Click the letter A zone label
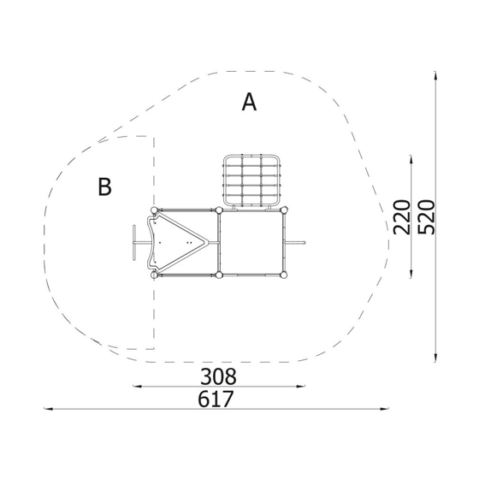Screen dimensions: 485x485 249,102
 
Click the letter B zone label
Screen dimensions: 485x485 104,186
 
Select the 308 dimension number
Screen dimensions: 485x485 218,376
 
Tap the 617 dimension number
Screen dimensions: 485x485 216,399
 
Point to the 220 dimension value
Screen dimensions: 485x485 401,217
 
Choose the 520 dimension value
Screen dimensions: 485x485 426,217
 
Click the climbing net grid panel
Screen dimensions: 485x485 251,180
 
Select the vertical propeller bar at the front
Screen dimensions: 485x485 134,243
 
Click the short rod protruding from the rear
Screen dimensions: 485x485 296,243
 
